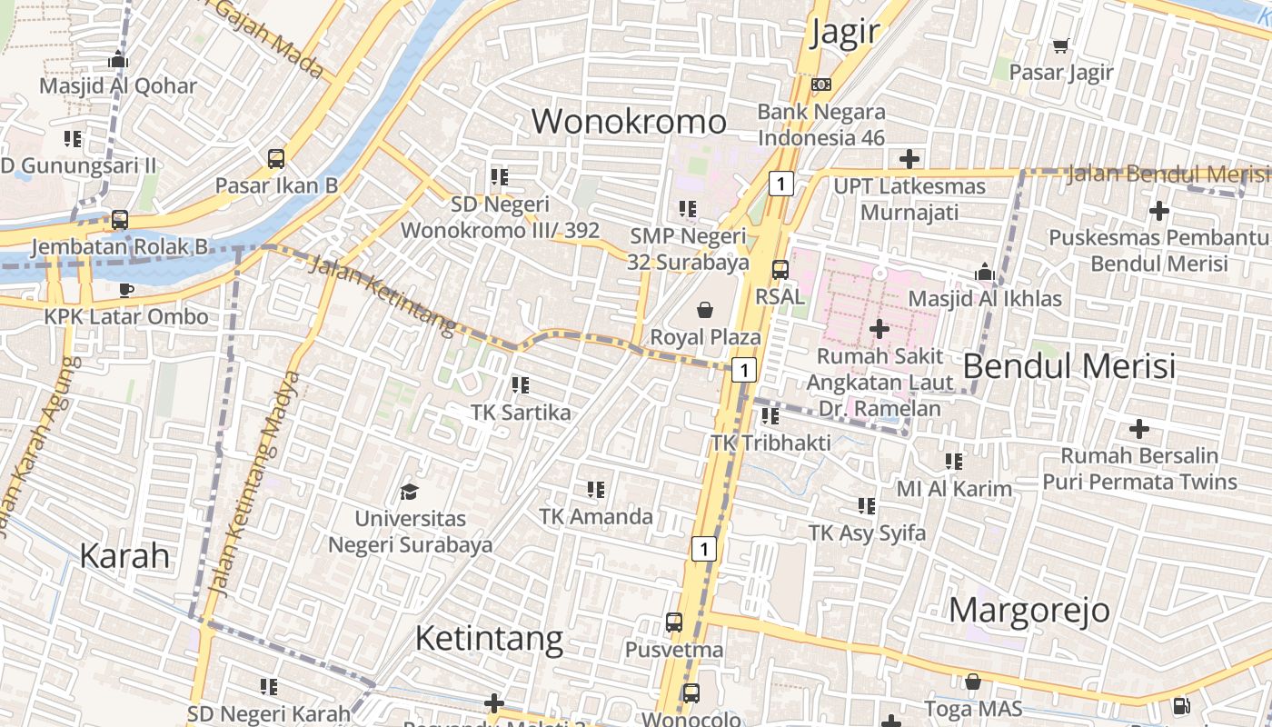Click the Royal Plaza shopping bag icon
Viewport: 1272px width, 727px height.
click(705, 311)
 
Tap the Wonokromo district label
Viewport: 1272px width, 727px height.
click(629, 121)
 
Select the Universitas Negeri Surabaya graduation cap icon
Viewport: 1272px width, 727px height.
click(409, 492)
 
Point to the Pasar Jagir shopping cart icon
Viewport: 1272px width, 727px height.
click(1060, 45)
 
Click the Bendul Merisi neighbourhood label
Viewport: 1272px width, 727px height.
click(1068, 366)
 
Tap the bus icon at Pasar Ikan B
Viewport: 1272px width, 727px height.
click(276, 159)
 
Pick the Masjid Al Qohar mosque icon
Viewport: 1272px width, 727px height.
click(118, 60)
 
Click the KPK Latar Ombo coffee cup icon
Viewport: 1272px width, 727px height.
click(126, 290)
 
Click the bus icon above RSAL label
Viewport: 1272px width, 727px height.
click(780, 269)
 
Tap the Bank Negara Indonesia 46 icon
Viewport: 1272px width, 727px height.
click(820, 85)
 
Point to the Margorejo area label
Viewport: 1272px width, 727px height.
click(1029, 610)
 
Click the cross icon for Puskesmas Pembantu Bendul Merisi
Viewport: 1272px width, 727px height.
click(1158, 211)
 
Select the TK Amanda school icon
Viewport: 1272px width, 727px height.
click(596, 490)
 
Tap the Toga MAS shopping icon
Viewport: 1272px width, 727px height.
click(973, 681)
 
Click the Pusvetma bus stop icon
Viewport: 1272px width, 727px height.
click(673, 622)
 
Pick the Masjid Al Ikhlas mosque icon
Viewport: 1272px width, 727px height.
click(984, 272)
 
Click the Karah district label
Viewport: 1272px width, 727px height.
click(124, 555)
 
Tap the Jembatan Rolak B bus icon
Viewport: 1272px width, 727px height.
click(120, 220)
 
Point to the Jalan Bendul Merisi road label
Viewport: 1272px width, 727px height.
click(1167, 173)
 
